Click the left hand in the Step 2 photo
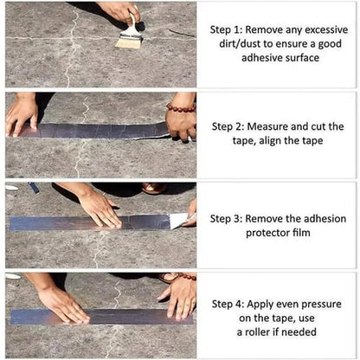coord(21,113)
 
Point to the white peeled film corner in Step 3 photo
coord(178,220)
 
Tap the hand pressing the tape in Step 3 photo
coord(100,208)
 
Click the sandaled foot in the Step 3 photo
coord(154,188)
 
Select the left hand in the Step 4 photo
coord(61,302)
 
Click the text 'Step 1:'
coord(231,29)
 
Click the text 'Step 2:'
coord(231,126)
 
